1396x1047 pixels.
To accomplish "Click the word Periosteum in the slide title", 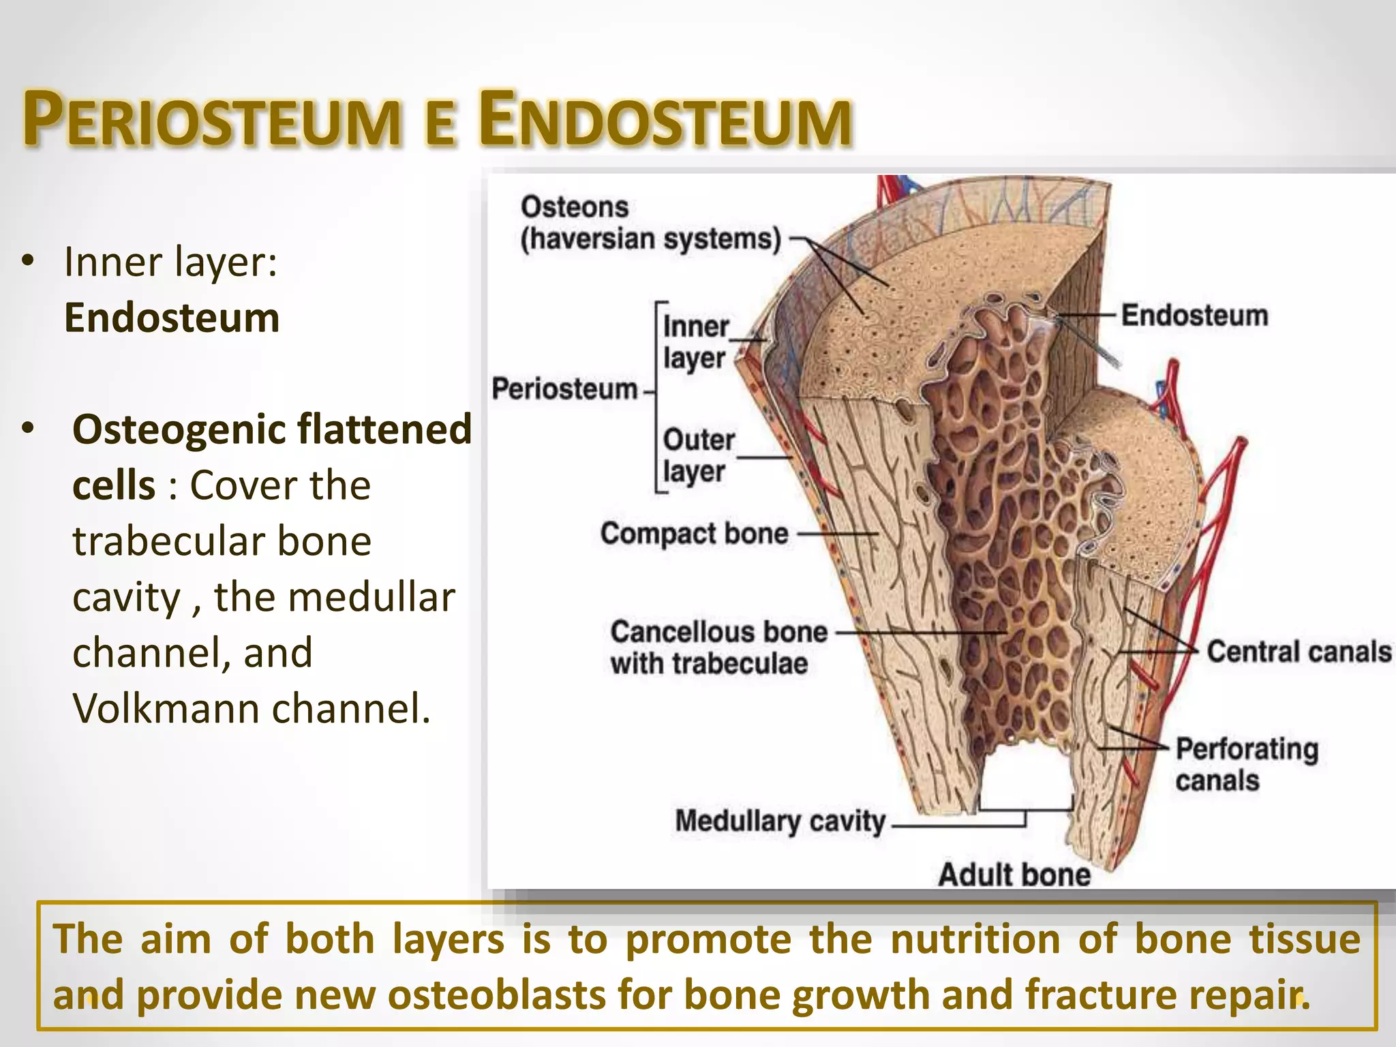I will click(x=211, y=121).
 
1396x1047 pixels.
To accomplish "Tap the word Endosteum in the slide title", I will click(x=665, y=121).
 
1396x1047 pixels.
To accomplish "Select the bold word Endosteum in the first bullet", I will click(x=172, y=318).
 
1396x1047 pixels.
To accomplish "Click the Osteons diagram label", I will click(x=574, y=207).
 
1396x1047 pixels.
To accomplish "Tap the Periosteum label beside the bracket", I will click(x=564, y=389).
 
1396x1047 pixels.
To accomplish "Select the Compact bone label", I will click(x=694, y=534).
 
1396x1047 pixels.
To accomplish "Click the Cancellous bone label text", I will click(x=718, y=633).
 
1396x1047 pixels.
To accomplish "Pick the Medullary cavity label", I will click(x=780, y=821).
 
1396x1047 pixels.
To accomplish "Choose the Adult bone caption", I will click(x=1014, y=875).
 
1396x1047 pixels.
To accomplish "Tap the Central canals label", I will click(x=1299, y=652).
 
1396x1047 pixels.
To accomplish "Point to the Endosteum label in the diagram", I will click(x=1194, y=316).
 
